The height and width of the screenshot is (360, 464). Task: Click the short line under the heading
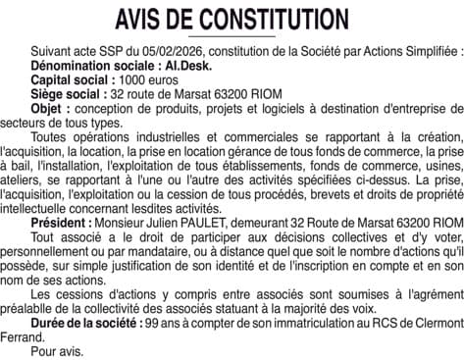tap(232, 37)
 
